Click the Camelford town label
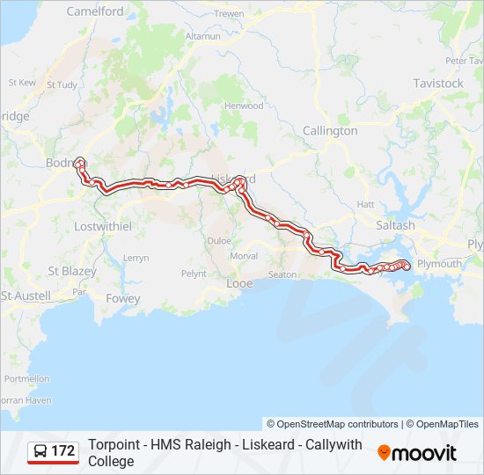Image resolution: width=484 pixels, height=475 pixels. [x=95, y=11]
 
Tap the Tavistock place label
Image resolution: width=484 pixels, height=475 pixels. [x=438, y=84]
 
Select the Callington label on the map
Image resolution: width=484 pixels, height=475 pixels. [x=330, y=130]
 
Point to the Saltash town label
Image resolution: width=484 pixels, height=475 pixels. [x=396, y=225]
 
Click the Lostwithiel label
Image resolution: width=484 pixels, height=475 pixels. [x=103, y=226]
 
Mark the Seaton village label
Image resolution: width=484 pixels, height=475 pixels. [x=282, y=274]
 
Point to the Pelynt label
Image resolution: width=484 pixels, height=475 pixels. [x=194, y=274]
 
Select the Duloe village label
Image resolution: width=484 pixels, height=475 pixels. [x=219, y=240]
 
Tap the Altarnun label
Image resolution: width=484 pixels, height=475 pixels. [x=202, y=37]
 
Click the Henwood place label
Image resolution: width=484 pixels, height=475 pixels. [x=244, y=106]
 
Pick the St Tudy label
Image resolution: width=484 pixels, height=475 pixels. [x=62, y=85]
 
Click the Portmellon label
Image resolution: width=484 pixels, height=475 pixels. [x=26, y=378]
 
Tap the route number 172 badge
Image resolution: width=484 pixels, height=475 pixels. [x=62, y=451]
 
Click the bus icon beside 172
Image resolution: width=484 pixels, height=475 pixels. [x=40, y=451]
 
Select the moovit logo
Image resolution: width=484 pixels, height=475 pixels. [x=417, y=453]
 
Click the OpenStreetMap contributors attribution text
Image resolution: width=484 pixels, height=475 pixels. [x=333, y=424]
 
